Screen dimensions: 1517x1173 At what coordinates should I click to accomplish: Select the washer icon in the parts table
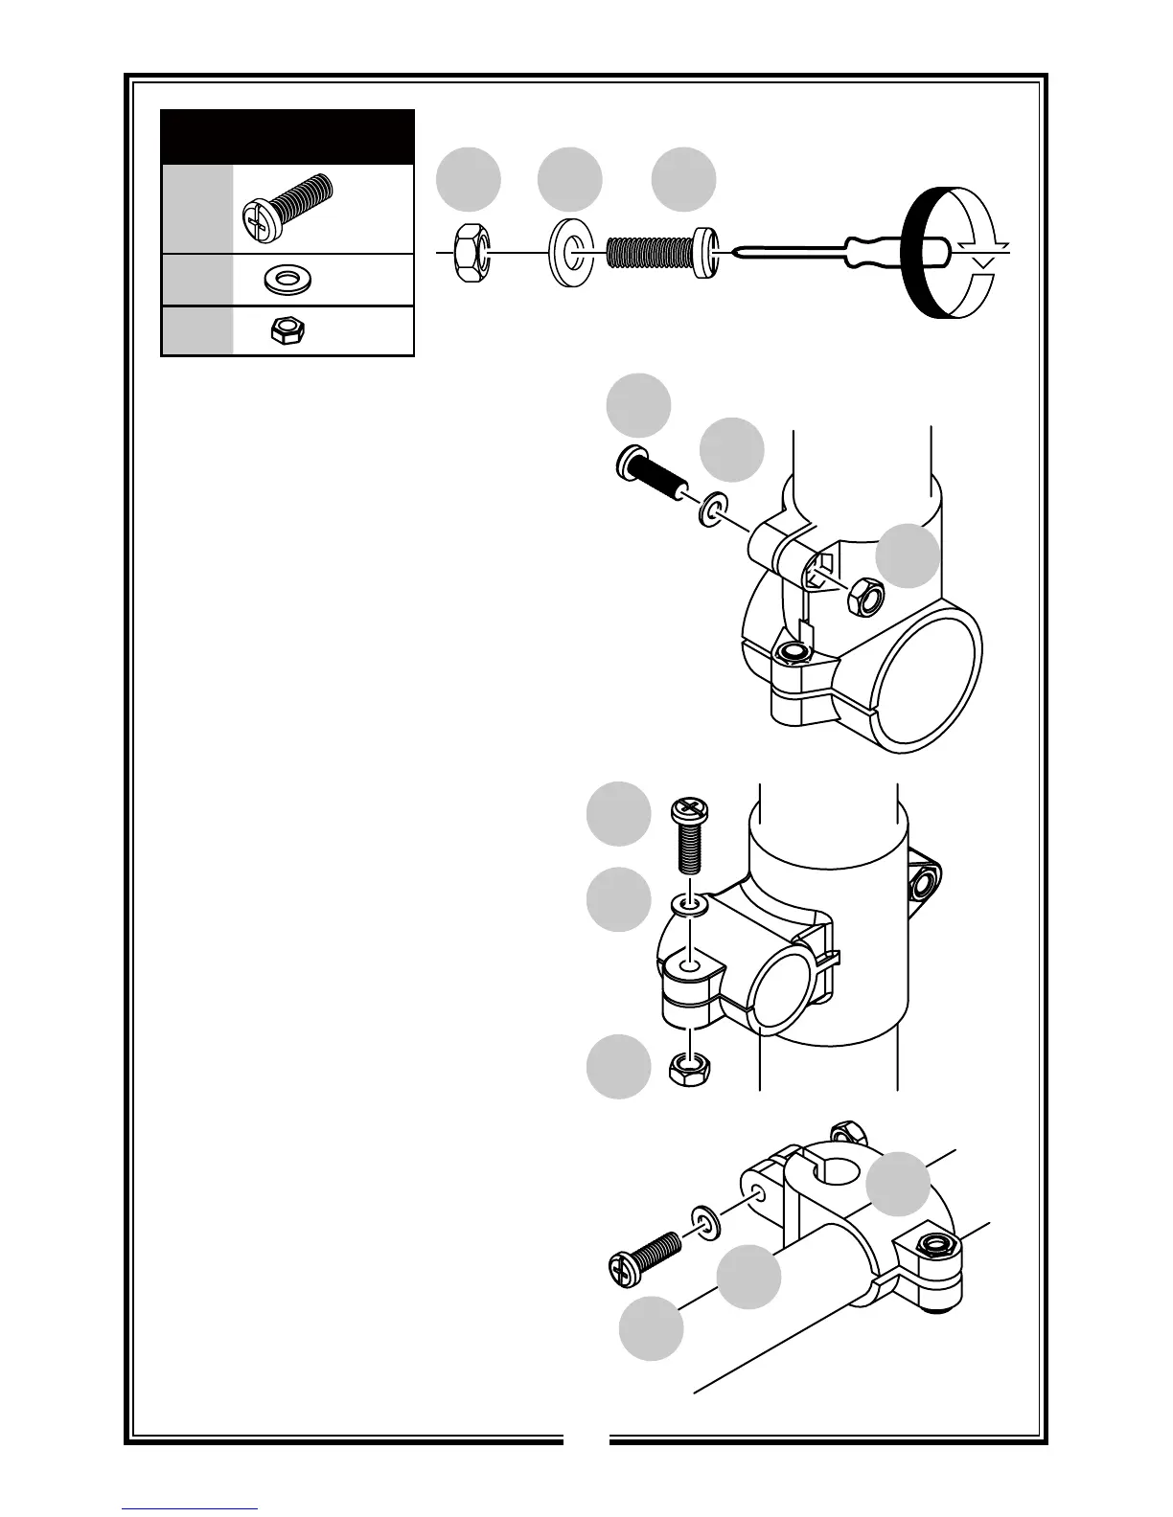pyautogui.click(x=286, y=280)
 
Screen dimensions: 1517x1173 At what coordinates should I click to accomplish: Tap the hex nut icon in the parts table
pyautogui.click(x=286, y=331)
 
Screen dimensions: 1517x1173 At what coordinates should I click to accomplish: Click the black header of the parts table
pyautogui.click(x=287, y=137)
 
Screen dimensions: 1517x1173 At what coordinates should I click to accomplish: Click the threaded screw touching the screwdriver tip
pyautogui.click(x=660, y=252)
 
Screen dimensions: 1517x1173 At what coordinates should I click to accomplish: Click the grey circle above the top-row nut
pyautogui.click(x=469, y=179)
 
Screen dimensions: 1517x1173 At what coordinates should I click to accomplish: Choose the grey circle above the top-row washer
pyautogui.click(x=569, y=179)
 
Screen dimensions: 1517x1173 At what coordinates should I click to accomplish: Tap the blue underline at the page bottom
pyautogui.click(x=190, y=1508)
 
